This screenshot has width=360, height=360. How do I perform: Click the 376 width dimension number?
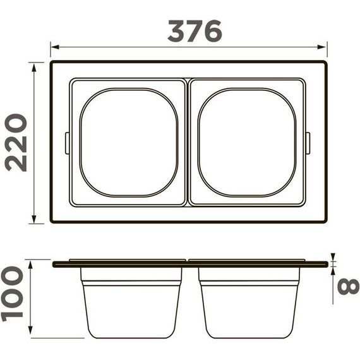tap(195, 30)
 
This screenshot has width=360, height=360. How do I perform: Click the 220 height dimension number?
tap(16, 142)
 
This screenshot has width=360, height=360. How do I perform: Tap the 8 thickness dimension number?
tap(347, 286)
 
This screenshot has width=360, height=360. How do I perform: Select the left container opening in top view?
tap(128, 142)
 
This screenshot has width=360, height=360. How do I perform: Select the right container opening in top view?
tap(246, 142)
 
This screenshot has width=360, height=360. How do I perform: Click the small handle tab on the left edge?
tap(67, 142)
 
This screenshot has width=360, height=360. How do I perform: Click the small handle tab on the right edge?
tap(308, 142)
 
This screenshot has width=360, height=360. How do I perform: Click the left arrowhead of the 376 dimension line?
tap(54, 47)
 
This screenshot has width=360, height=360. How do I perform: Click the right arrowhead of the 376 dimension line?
tap(323, 47)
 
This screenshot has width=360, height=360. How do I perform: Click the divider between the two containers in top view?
tap(188, 142)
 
